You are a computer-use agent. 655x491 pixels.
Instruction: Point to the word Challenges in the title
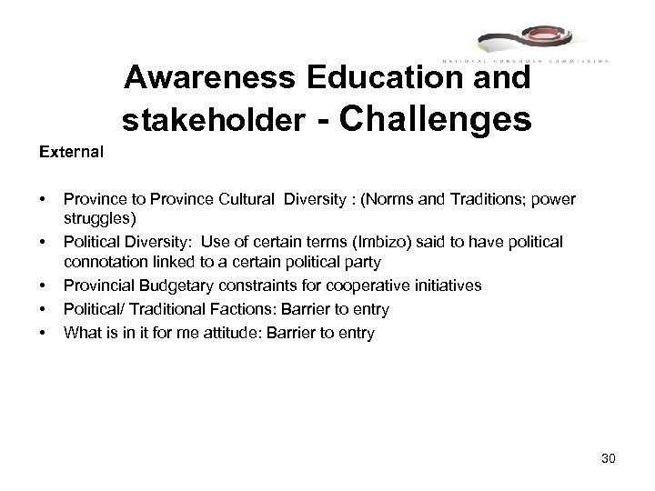click(x=434, y=117)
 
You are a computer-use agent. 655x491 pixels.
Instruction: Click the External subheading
click(x=71, y=151)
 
